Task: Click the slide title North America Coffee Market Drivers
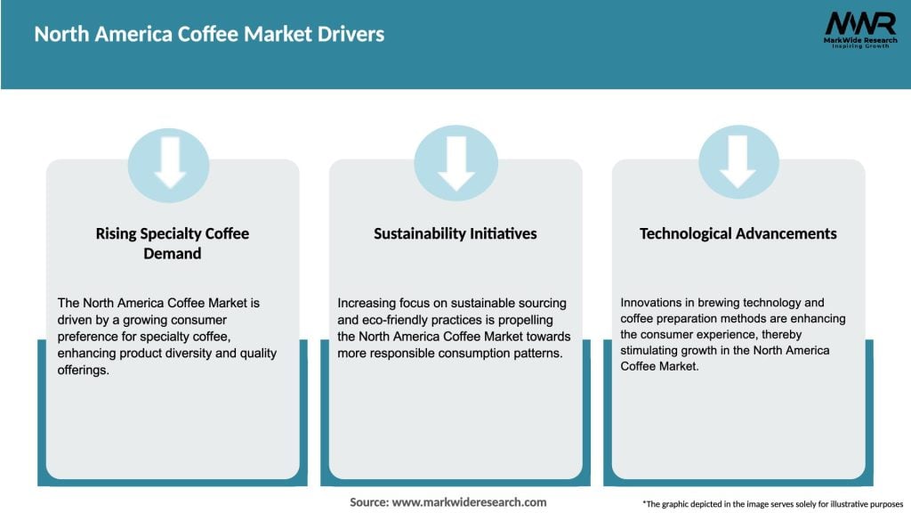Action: tap(210, 35)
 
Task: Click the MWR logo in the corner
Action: tap(859, 24)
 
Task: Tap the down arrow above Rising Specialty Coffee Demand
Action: tap(169, 166)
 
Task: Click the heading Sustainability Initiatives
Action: tap(455, 233)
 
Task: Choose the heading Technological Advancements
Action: tap(738, 233)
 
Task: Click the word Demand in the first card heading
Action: tap(173, 254)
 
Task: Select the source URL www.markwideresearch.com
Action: tap(470, 502)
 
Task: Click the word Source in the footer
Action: tap(368, 502)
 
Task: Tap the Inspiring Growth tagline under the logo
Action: tap(859, 46)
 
